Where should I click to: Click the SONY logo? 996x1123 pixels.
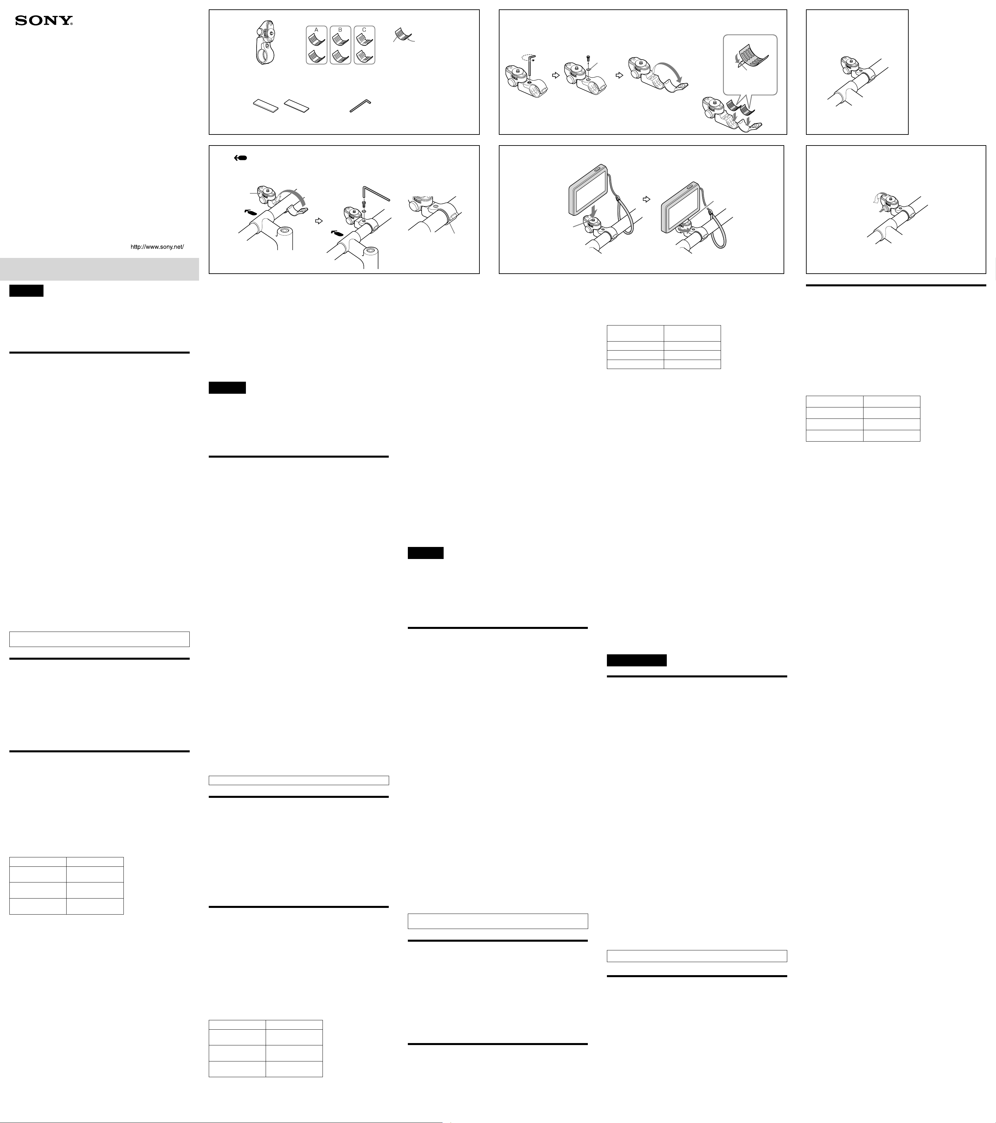coord(44,21)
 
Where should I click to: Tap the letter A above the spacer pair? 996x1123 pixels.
coord(316,30)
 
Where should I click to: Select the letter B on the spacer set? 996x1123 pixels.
coord(340,30)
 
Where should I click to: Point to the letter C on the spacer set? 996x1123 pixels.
coord(364,30)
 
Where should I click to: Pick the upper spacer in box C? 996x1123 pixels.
coord(364,39)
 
